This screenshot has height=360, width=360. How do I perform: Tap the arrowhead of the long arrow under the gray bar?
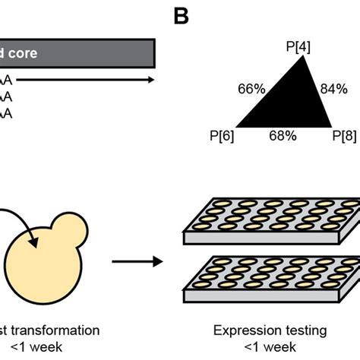(x=152, y=78)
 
